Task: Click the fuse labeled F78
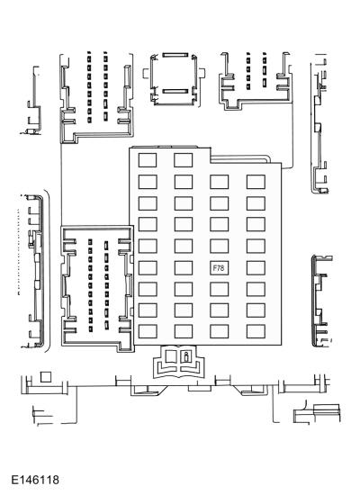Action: [220, 268]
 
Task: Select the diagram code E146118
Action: [35, 481]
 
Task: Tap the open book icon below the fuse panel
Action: [179, 362]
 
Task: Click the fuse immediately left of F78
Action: [184, 268]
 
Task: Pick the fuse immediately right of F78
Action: [256, 268]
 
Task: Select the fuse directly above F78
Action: [220, 247]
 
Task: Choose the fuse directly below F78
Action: [220, 289]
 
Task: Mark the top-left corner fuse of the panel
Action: [148, 160]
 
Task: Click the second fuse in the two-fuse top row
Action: [184, 160]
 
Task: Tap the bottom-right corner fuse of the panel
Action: [256, 331]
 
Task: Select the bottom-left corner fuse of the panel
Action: [148, 331]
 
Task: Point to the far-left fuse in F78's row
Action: [148, 268]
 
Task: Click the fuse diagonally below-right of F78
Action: [256, 289]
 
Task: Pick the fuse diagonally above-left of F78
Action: [184, 247]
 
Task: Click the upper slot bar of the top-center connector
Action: [175, 55]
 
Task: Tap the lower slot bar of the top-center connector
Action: [175, 91]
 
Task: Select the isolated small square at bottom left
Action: [46, 377]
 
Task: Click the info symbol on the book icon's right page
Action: [186, 356]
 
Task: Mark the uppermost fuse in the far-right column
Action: [256, 182]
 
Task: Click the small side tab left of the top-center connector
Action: [146, 73]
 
